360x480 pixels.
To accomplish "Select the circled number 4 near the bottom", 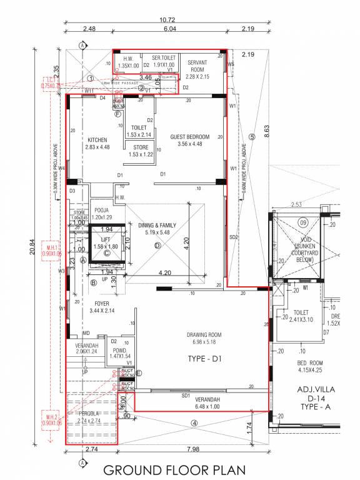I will pos(194,423).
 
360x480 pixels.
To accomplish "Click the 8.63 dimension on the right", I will pos(267,131).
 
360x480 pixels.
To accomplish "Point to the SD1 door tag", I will pos(186,396).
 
